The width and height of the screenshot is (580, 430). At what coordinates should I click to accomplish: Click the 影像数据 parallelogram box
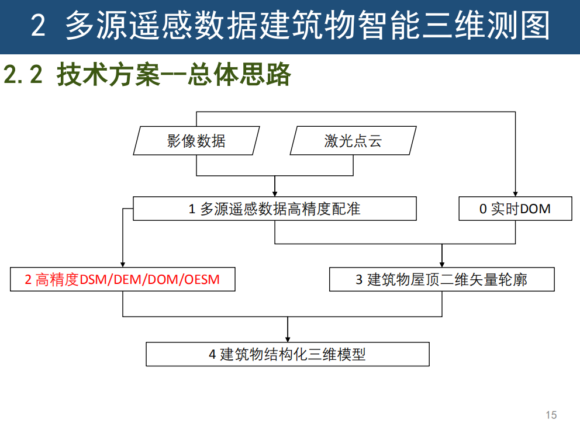pyautogui.click(x=196, y=141)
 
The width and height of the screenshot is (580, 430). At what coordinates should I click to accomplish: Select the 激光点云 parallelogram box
pyautogui.click(x=353, y=141)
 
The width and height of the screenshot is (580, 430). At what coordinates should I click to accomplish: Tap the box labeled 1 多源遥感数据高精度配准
pyautogui.click(x=275, y=209)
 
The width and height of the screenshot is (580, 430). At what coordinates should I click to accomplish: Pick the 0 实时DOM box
pyautogui.click(x=515, y=209)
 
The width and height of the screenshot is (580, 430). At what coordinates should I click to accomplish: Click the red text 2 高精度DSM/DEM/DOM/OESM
pyautogui.click(x=122, y=279)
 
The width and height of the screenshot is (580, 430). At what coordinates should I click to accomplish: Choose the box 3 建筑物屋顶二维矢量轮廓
pyautogui.click(x=441, y=279)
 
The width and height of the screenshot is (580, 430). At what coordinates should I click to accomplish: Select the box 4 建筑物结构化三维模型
pyautogui.click(x=287, y=354)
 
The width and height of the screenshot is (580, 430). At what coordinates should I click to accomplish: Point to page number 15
pyautogui.click(x=551, y=415)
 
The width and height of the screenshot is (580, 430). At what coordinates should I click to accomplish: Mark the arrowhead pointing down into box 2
pyautogui.click(x=123, y=263)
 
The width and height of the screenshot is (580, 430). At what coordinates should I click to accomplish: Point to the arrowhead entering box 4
pyautogui.click(x=287, y=338)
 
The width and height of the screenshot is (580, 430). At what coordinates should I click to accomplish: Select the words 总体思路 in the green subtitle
pyautogui.click(x=239, y=75)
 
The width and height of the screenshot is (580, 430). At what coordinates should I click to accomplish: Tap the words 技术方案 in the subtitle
pyautogui.click(x=108, y=75)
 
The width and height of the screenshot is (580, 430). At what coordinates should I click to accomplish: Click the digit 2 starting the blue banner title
pyautogui.click(x=38, y=27)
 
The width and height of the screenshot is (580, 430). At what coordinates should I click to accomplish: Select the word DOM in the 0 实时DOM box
pyautogui.click(x=535, y=209)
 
